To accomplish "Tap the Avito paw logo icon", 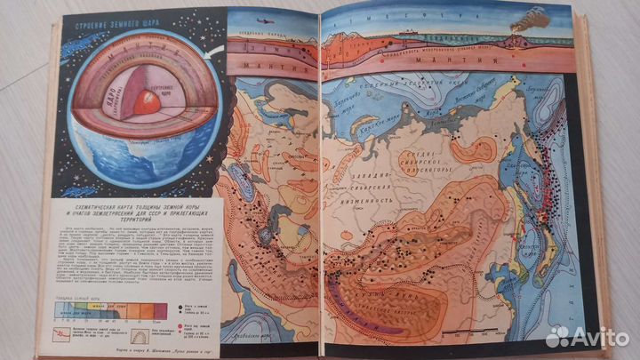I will tap(558, 337).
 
